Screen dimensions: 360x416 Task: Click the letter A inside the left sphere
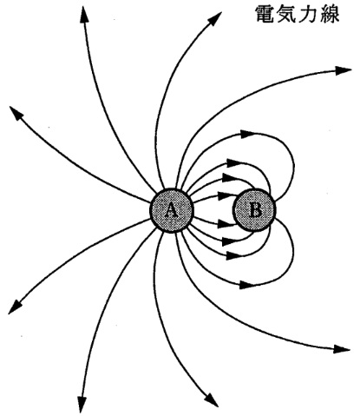click(171, 210)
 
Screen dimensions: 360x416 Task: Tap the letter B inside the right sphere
click(255, 210)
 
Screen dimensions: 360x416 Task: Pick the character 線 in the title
click(330, 14)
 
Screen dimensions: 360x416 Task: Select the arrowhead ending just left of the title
click(214, 19)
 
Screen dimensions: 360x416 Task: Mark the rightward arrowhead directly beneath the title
click(344, 70)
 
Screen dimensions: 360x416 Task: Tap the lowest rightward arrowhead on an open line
click(342, 349)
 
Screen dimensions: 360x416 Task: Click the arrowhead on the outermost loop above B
click(247, 134)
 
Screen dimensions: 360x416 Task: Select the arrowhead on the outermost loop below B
click(247, 285)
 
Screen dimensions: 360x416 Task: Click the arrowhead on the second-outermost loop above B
click(234, 162)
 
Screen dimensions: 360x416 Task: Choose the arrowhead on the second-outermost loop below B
click(234, 255)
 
